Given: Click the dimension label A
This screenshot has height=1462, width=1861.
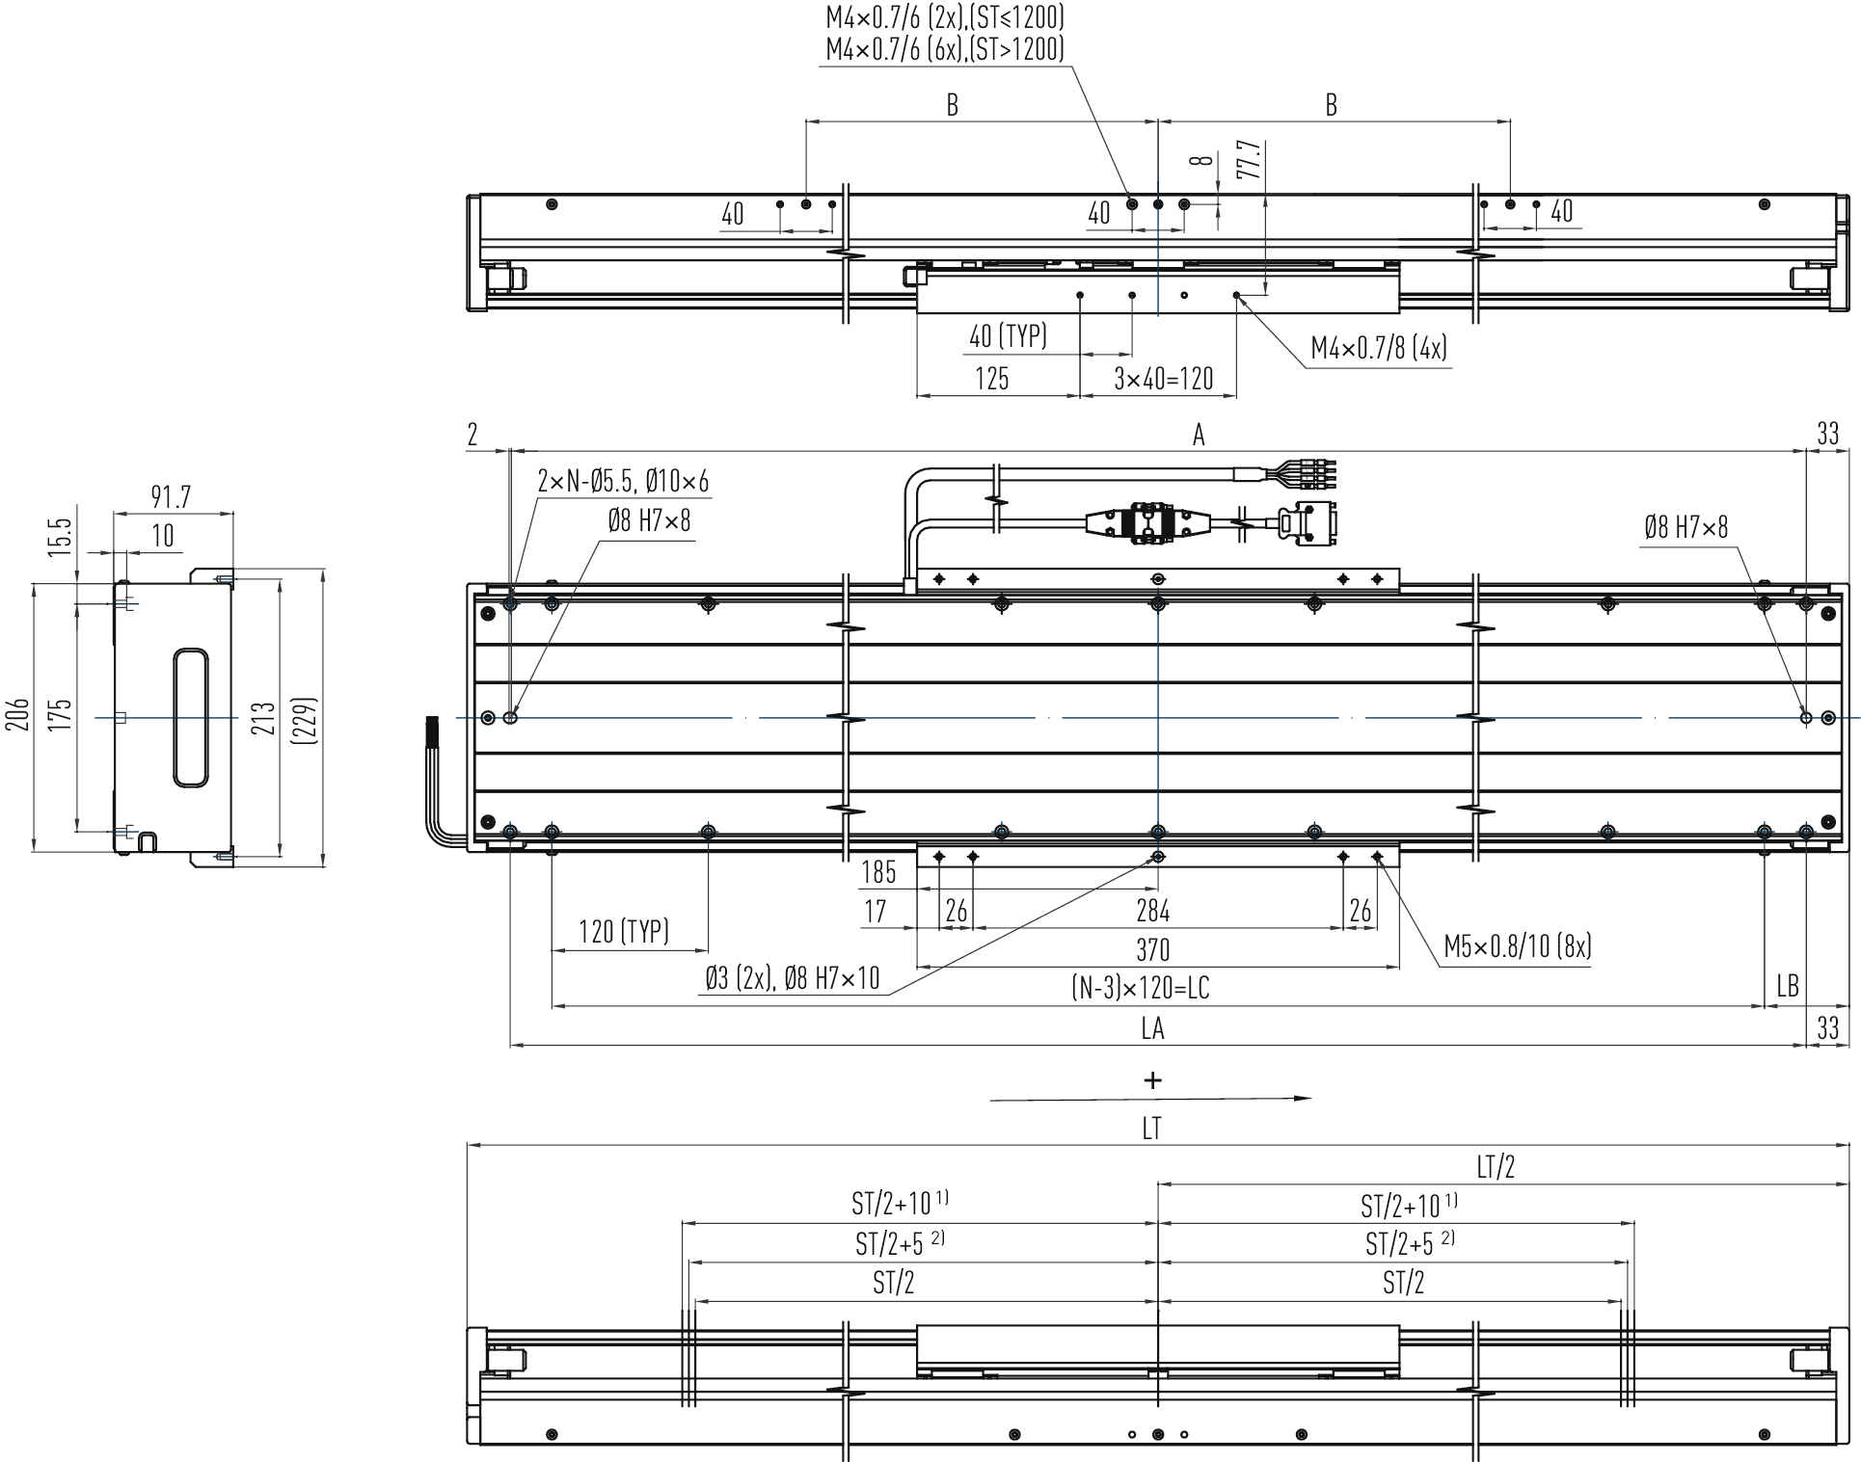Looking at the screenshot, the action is [x=1199, y=436].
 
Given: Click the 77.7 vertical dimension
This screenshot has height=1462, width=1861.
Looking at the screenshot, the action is [x=1249, y=160].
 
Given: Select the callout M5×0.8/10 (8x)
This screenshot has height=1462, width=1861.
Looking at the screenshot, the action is [x=1517, y=946].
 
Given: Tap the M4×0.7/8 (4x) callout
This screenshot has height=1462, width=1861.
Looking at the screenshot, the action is [x=1379, y=348].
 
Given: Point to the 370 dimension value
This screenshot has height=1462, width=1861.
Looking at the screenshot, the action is [x=1152, y=950].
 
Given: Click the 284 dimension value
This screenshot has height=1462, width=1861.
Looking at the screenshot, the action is [x=1152, y=911].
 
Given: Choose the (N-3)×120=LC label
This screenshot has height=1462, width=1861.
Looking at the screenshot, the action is [x=1140, y=988].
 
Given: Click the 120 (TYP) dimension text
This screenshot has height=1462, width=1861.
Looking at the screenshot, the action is [x=624, y=931].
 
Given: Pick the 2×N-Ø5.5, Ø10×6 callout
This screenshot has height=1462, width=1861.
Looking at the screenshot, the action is [x=623, y=481].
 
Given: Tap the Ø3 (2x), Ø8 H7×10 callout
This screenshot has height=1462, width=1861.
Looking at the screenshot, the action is [x=792, y=979].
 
